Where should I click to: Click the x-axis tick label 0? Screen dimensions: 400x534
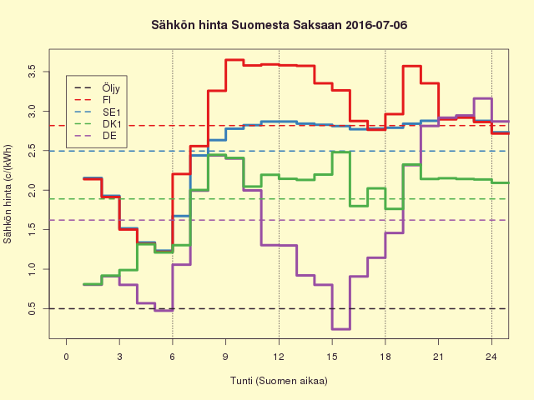66,357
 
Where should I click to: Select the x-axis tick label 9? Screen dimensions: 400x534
225,357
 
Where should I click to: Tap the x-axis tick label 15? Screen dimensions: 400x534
332,357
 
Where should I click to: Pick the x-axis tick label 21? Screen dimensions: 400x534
438,357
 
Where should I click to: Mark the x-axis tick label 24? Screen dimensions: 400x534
491,357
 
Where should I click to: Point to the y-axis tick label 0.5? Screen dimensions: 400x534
32,308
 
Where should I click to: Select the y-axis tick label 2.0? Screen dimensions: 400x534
32,190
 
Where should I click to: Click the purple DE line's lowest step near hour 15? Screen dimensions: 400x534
340,329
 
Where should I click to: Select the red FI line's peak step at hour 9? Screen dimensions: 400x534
234,60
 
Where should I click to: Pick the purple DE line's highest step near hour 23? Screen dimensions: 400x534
482,98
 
